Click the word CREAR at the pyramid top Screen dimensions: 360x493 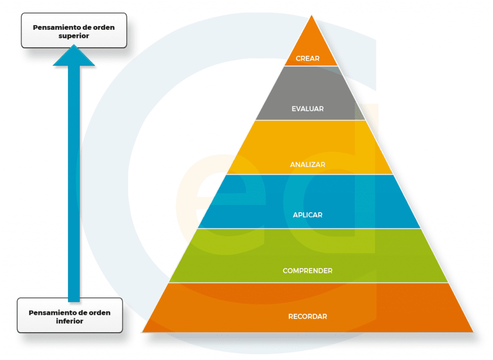click(x=308, y=59)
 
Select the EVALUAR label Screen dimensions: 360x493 click(x=308, y=109)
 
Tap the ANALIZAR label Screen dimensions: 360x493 click(x=308, y=165)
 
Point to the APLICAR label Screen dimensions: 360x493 click(x=308, y=215)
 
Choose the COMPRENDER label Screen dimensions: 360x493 click(x=308, y=271)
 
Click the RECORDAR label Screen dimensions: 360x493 click(x=308, y=317)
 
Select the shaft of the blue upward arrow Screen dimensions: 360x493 click(x=74, y=183)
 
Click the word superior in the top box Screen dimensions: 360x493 click(x=74, y=36)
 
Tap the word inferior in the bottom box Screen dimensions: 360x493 click(x=70, y=321)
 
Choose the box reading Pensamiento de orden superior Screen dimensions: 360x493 click(x=74, y=31)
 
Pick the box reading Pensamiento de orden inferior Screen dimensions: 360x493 click(x=70, y=316)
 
